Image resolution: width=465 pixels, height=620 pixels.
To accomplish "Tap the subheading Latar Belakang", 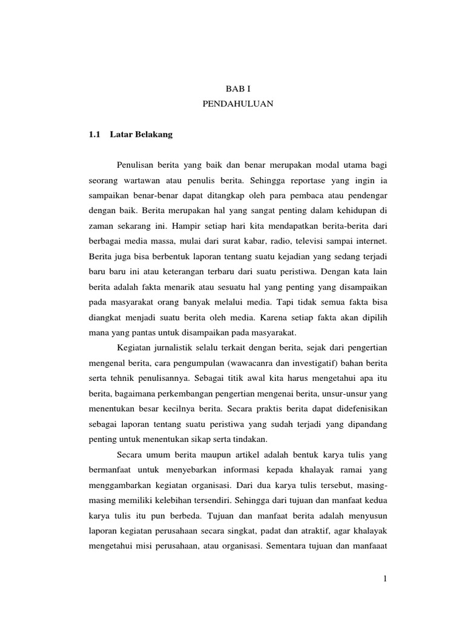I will (x=142, y=134).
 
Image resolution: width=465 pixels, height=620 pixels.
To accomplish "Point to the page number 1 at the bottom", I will (x=384, y=580).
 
